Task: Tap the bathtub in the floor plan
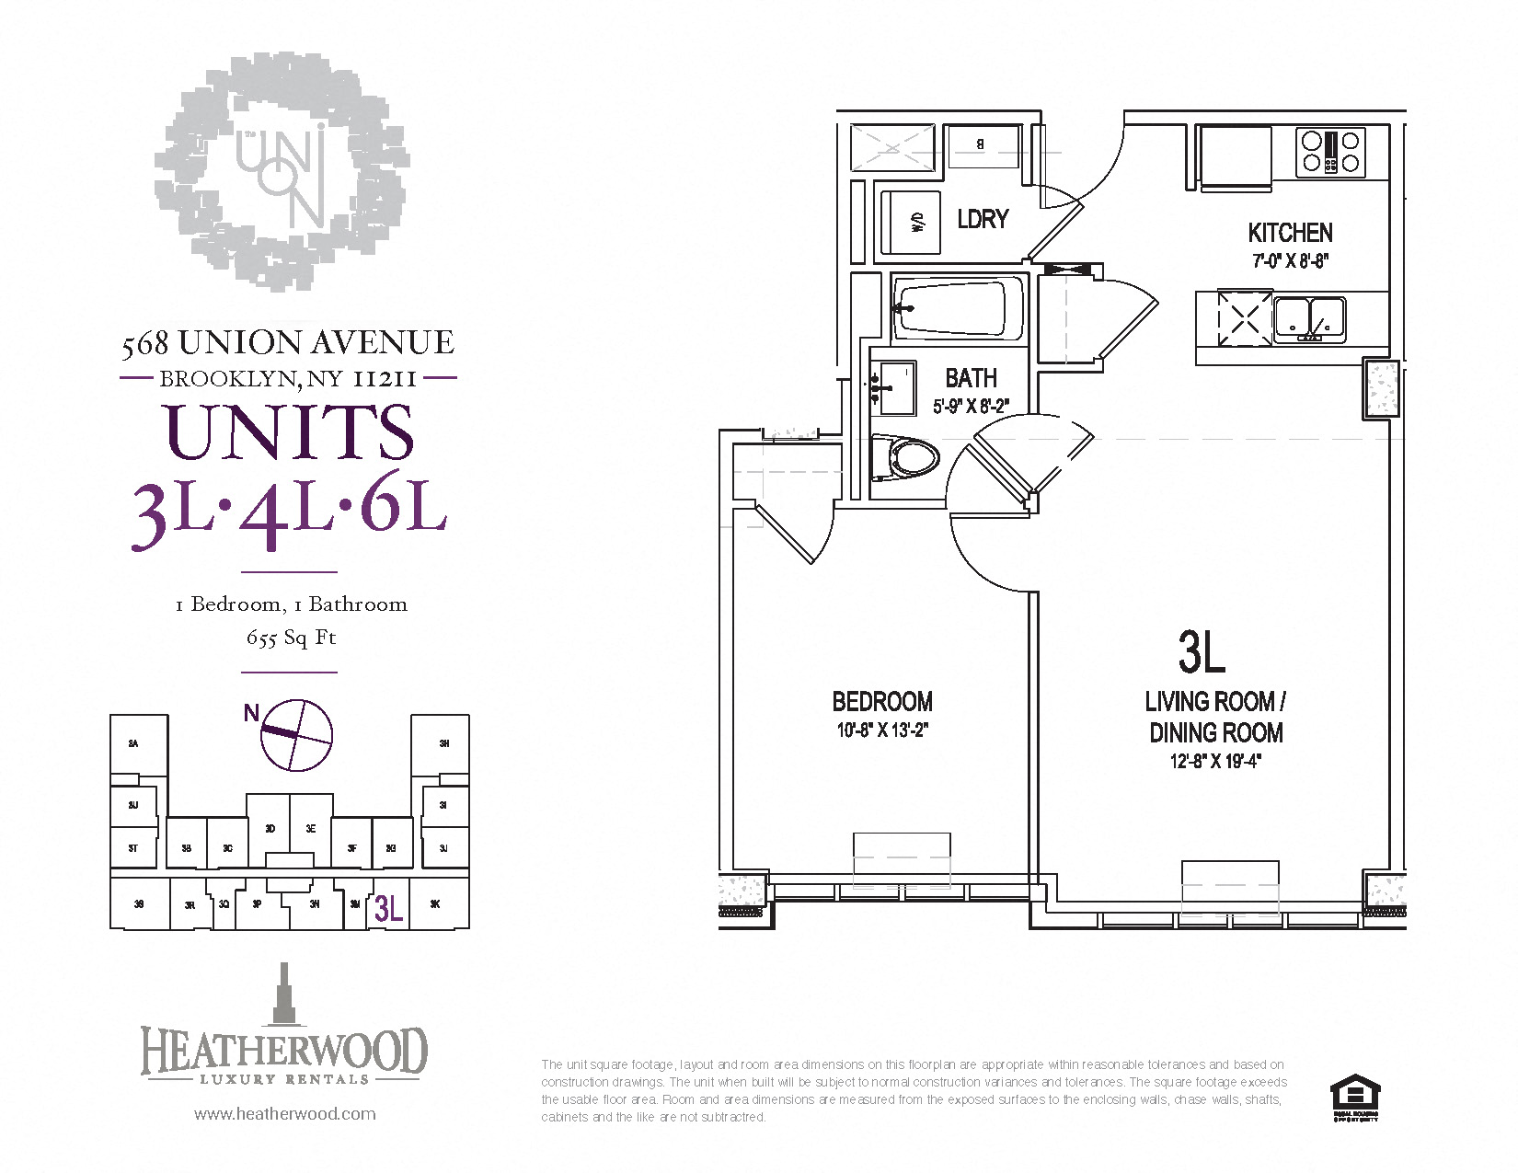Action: (957, 308)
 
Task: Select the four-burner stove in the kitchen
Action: (1329, 153)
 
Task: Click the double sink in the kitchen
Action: (1310, 318)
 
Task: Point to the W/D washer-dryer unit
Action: (912, 222)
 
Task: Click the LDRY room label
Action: (983, 219)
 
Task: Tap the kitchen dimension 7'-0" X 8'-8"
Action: (1290, 260)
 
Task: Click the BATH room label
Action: (971, 378)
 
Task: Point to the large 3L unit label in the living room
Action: (1202, 651)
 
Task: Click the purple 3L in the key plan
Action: (388, 909)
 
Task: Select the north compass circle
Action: (296, 734)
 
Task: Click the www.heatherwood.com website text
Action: (284, 1113)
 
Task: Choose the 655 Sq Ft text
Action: (291, 637)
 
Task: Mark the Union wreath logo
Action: (282, 171)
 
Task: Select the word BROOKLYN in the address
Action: (227, 378)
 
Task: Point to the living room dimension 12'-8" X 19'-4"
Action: (1214, 761)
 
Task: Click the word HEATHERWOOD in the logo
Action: (284, 1050)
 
